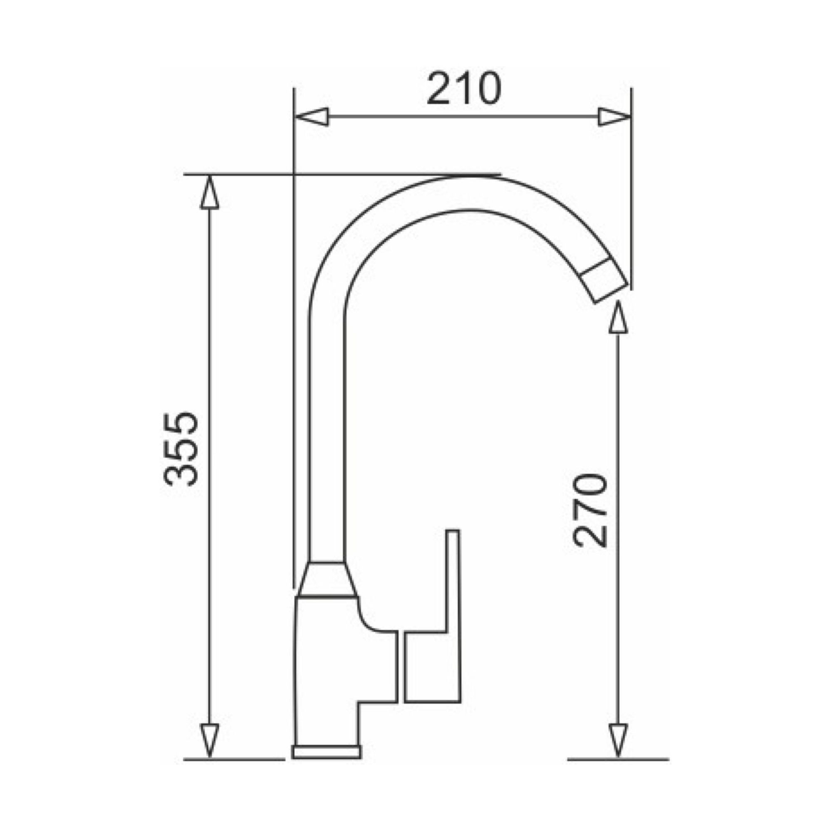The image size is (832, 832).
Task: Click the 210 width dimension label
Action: [464, 89]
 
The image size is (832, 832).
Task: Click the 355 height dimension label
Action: [182, 449]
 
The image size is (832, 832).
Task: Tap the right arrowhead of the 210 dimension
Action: [614, 117]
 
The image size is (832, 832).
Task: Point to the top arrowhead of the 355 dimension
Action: [210, 193]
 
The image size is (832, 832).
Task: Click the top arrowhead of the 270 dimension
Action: [618, 317]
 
